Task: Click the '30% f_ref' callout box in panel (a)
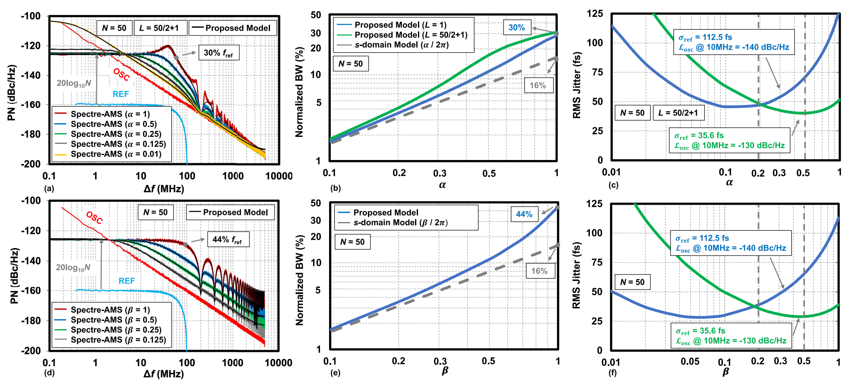click(x=219, y=53)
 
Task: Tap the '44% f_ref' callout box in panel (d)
click(x=228, y=239)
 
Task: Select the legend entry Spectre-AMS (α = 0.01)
click(x=116, y=154)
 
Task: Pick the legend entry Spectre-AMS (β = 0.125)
click(x=118, y=340)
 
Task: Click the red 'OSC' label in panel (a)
click(x=122, y=74)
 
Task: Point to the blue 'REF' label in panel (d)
click(x=127, y=281)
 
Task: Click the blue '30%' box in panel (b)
click(x=516, y=28)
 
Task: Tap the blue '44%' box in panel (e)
click(x=524, y=214)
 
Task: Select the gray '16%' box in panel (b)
click(x=538, y=86)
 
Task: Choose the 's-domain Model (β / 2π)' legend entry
click(x=400, y=223)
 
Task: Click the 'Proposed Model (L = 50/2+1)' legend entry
click(x=411, y=35)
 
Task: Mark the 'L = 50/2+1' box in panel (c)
click(x=678, y=113)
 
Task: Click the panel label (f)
click(x=612, y=373)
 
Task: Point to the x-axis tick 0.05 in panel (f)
click(x=690, y=361)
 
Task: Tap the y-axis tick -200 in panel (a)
click(x=31, y=164)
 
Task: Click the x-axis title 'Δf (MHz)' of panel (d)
click(x=164, y=374)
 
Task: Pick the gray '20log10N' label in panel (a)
click(x=74, y=84)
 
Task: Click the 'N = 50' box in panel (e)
click(x=352, y=242)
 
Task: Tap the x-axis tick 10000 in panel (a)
click(x=278, y=176)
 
